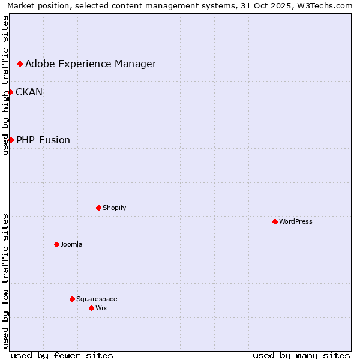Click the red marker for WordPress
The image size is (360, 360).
point(275,221)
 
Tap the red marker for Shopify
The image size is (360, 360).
point(98,208)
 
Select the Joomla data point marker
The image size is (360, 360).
point(56,244)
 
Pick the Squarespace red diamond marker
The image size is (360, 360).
point(72,299)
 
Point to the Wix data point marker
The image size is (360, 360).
point(91,308)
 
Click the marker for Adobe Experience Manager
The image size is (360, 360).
point(20,64)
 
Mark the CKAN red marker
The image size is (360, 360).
point(11,92)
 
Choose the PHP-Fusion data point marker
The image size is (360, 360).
point(11,140)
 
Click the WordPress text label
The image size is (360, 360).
point(296,221)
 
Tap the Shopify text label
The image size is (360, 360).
point(114,208)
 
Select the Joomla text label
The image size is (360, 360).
point(71,244)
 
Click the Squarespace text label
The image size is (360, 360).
point(97,299)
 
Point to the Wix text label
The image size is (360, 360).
point(101,308)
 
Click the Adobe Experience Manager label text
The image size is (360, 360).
point(91,64)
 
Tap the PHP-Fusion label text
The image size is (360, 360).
point(43,140)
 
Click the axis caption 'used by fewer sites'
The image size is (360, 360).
point(62,355)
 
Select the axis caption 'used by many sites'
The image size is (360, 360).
point(301,355)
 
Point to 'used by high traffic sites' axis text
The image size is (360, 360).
point(5,85)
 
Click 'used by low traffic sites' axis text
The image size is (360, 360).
point(5,281)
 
